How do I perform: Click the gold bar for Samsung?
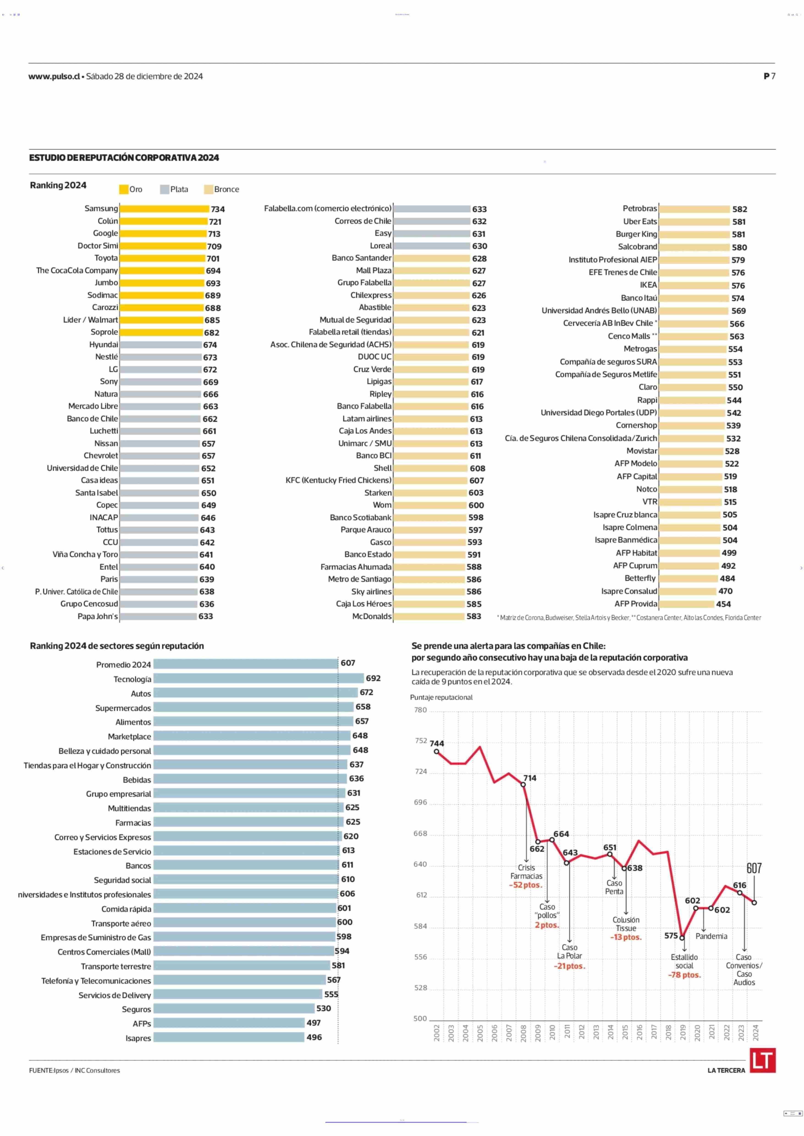click(164, 209)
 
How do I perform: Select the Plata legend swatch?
click(164, 189)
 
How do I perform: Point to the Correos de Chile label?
click(362, 221)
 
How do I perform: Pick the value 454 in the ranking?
click(723, 604)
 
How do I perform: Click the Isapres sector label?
click(138, 1038)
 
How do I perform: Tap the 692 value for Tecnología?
click(373, 678)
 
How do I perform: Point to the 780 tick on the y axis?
click(420, 710)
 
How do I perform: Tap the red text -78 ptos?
click(684, 975)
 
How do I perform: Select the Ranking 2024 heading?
click(58, 185)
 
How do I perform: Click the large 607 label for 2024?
click(754, 868)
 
